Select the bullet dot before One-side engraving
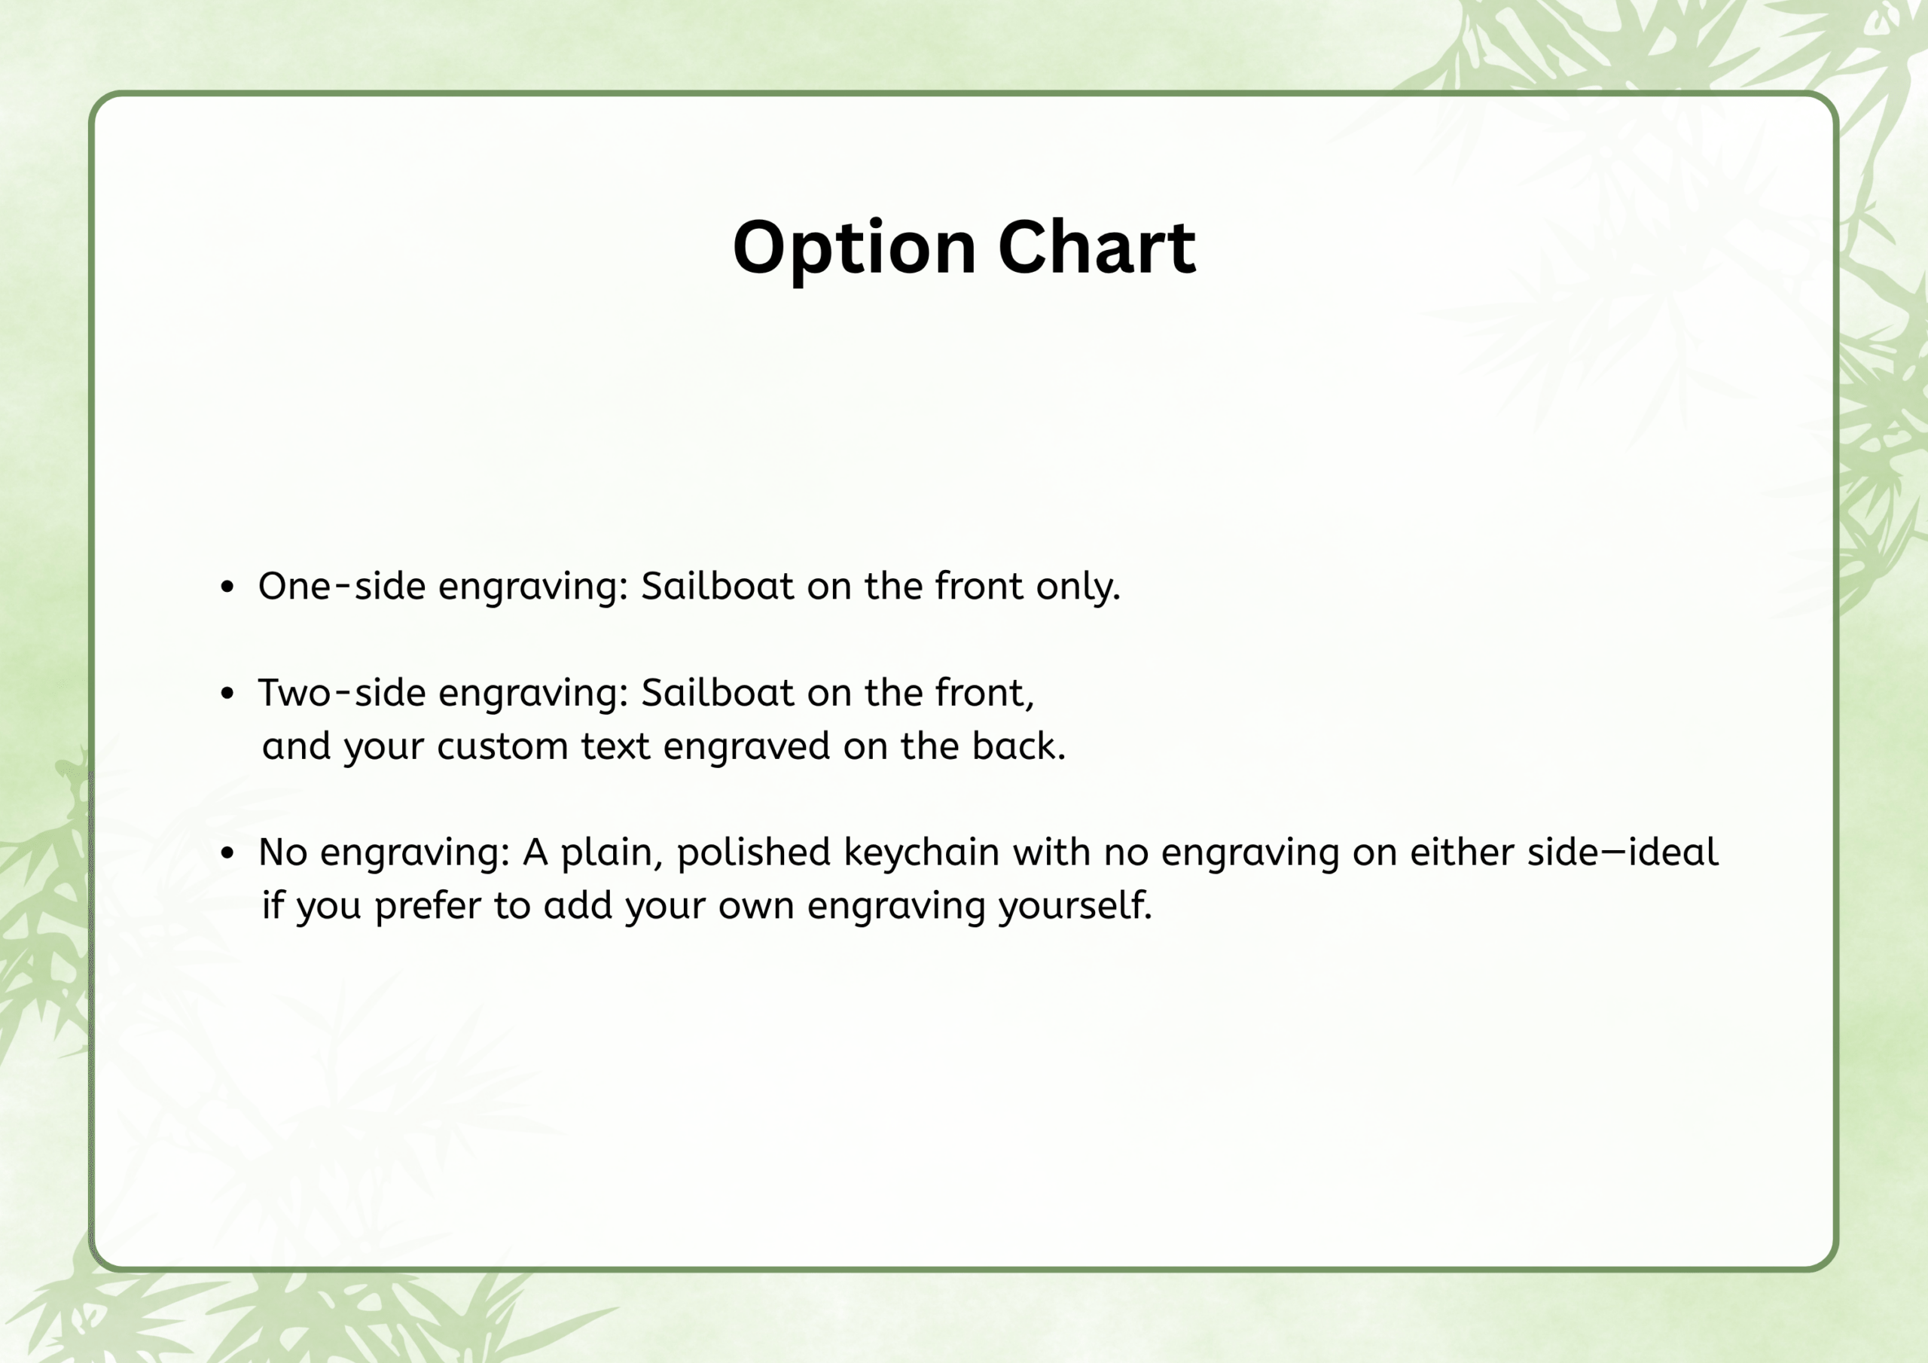pos(227,587)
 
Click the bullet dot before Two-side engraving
pos(227,694)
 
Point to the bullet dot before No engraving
pos(227,853)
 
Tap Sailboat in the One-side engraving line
pos(717,585)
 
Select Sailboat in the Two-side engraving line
pos(717,692)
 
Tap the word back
pos(1018,745)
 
